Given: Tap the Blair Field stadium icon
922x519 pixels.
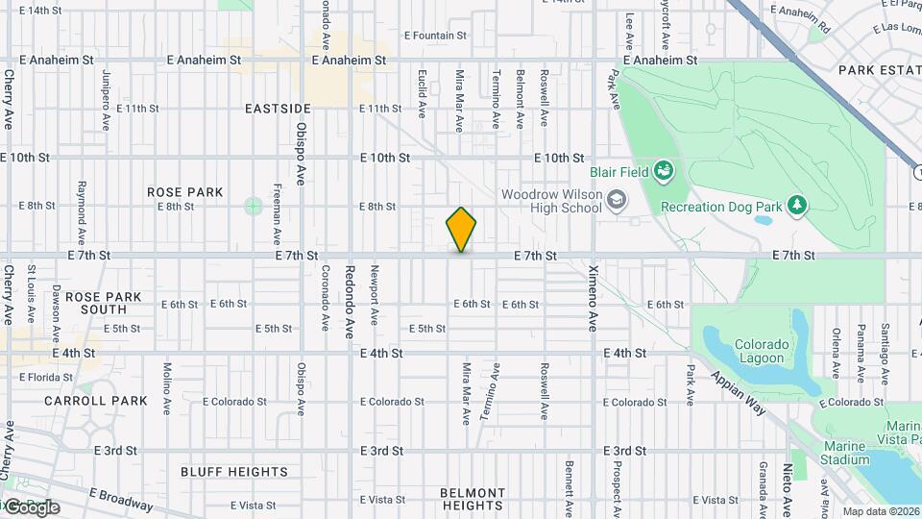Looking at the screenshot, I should [x=663, y=172].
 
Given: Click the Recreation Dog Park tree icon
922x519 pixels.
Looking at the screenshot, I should [x=795, y=205].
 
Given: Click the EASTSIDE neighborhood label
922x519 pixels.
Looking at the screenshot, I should [x=278, y=109].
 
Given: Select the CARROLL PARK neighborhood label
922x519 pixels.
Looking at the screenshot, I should [x=109, y=401].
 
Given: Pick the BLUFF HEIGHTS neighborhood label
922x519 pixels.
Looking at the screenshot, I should [x=234, y=472].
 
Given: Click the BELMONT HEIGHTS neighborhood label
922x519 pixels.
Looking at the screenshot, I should [x=473, y=499].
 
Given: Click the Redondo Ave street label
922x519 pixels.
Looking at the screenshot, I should [x=350, y=302].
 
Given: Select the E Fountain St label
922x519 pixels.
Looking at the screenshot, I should [x=435, y=36].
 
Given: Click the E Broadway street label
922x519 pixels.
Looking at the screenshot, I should [x=120, y=498].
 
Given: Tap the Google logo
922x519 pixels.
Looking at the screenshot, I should [x=32, y=507].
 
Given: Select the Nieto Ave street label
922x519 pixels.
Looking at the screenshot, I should [x=787, y=487].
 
